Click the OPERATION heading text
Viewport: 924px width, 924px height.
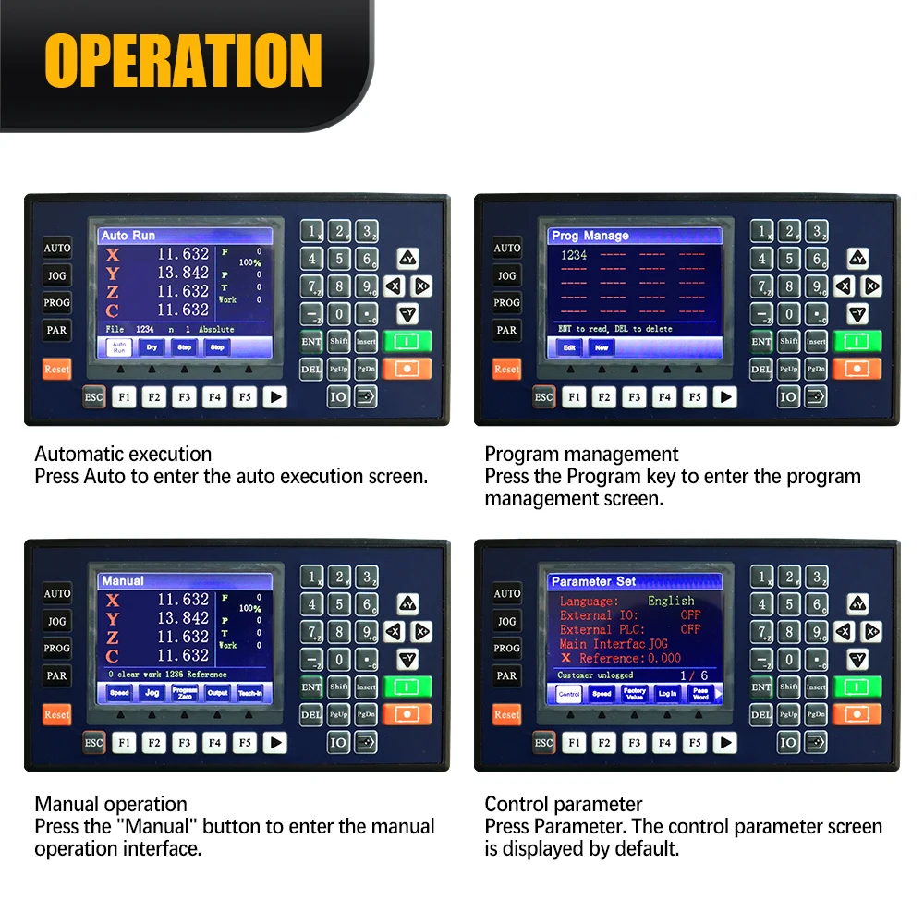click(183, 61)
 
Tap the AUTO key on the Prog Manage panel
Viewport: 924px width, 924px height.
click(506, 248)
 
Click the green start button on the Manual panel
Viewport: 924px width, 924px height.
click(407, 687)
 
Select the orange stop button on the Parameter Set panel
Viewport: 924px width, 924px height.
click(857, 714)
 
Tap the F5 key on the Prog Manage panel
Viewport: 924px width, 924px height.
click(695, 397)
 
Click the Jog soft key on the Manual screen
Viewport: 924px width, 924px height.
click(152, 692)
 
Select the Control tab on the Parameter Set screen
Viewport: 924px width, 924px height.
click(569, 693)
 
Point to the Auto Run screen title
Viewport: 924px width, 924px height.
click(128, 236)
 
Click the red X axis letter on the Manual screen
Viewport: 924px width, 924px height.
click(113, 601)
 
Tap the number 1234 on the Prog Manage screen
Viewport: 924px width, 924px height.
click(575, 255)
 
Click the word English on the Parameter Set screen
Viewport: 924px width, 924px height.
click(671, 601)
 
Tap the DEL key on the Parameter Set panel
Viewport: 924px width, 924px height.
click(760, 714)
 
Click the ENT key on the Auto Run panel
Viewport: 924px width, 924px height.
click(311, 341)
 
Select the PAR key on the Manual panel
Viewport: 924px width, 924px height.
click(57, 675)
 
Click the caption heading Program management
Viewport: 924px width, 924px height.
click(581, 454)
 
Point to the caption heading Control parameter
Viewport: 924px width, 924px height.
click(564, 804)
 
